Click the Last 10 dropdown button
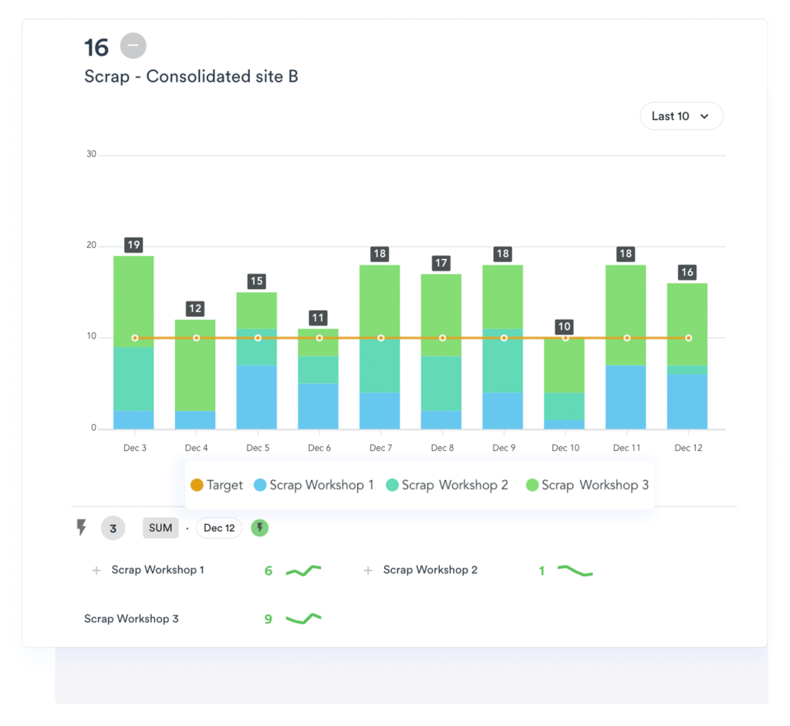680,116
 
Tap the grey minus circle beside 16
133,46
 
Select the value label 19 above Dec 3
133,245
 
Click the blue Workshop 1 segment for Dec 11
626,397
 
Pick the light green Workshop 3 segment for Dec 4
196,365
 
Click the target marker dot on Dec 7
380,338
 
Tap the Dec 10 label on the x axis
565,448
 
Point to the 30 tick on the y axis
92,154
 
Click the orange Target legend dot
197,485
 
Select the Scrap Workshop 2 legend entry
447,485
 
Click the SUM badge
160,528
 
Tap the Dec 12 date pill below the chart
219,528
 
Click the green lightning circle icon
260,528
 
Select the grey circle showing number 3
113,529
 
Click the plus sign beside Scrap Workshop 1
96,570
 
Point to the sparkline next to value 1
575,571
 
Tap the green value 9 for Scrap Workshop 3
268,619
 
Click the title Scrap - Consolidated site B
191,76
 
